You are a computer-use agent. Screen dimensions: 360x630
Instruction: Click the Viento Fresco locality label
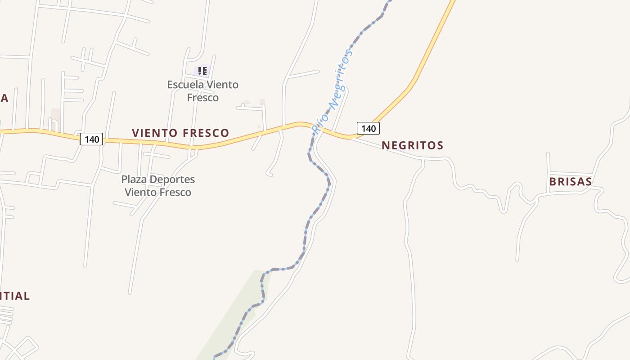180,133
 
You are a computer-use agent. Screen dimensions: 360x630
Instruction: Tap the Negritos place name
412,145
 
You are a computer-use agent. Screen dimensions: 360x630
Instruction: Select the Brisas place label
570,181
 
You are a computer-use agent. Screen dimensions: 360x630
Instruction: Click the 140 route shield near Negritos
368,128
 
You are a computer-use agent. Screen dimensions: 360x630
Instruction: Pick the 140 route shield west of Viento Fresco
92,139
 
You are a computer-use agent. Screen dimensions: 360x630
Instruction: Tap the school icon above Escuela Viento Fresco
202,71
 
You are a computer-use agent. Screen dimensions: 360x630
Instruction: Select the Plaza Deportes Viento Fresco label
158,186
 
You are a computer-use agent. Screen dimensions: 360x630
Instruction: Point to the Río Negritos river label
332,92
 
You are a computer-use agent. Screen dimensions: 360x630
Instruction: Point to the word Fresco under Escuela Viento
202,98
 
